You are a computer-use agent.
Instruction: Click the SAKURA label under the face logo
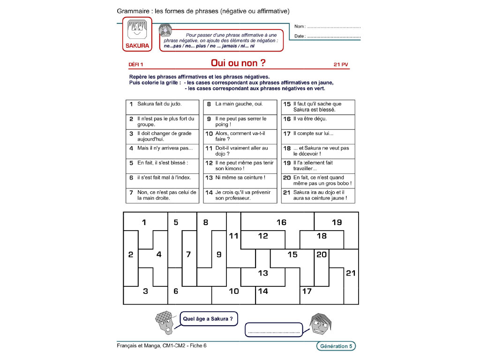[137, 46]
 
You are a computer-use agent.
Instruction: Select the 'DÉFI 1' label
[136, 65]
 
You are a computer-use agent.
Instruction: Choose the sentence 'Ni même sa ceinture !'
[240, 178]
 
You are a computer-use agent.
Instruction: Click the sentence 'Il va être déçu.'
[310, 119]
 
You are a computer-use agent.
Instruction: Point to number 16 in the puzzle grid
[281, 222]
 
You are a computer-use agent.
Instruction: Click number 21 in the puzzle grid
[351, 273]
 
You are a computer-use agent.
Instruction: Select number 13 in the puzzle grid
[263, 273]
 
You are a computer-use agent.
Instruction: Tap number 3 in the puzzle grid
[145, 291]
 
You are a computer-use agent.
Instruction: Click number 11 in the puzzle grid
[233, 236]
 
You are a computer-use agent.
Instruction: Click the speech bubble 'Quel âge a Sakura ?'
[208, 319]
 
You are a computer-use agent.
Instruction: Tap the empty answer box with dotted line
[274, 330]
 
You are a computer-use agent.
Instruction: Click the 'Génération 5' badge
[335, 346]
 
